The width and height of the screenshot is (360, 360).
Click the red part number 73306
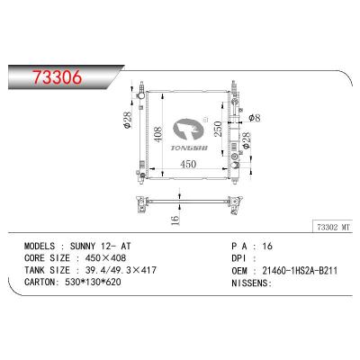57,77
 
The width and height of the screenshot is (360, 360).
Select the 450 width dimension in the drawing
188,164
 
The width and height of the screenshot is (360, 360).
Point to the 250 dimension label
218,129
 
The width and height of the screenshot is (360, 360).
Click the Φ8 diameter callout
255,118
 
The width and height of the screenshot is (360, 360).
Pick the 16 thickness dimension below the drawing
175,220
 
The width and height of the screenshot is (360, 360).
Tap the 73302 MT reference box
333,228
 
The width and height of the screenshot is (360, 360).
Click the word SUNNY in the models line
83,246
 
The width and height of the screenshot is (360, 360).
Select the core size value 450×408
105,258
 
